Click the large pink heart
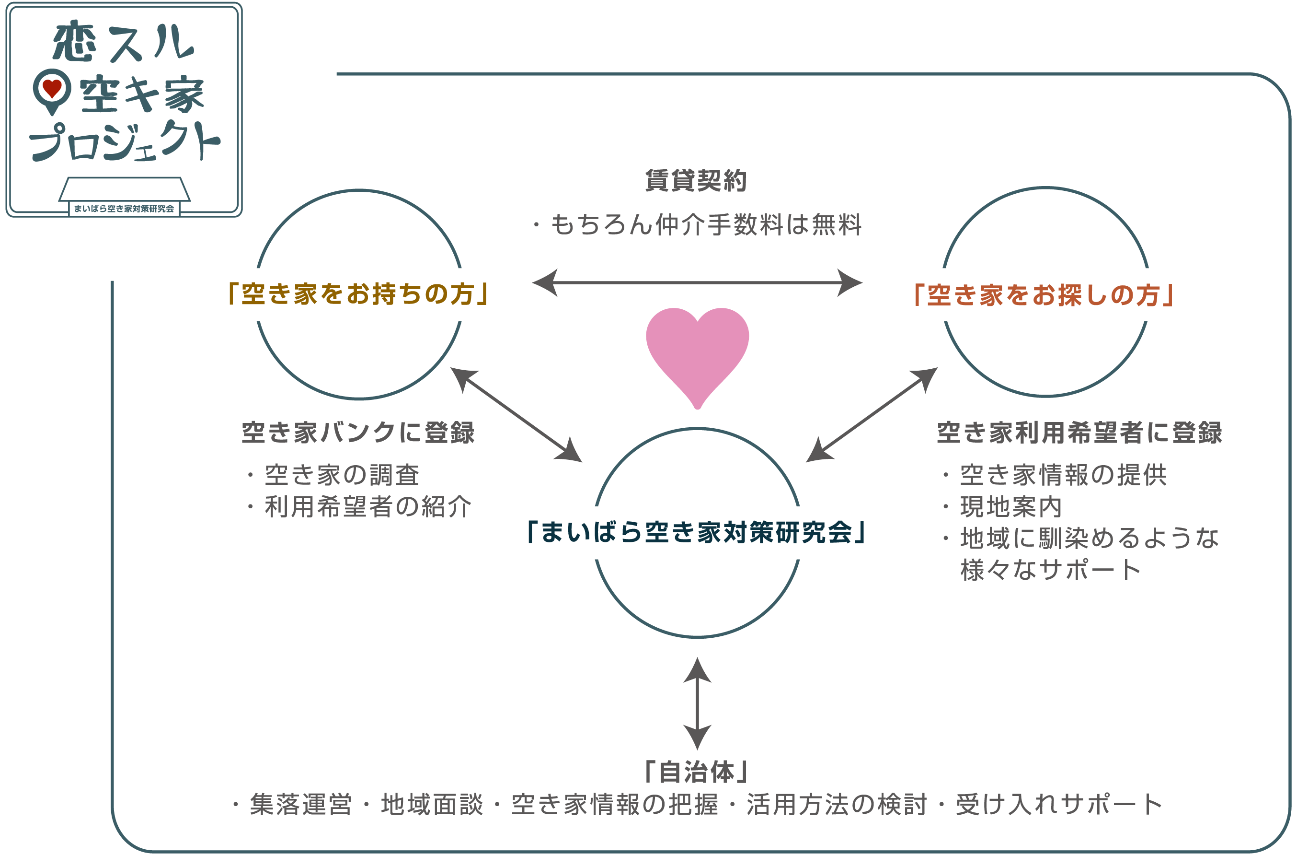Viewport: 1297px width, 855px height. pos(697,351)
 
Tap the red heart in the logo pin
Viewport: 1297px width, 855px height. pos(52,88)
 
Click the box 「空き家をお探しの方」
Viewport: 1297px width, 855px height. pos(1043,295)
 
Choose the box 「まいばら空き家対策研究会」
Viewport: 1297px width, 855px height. pos(697,533)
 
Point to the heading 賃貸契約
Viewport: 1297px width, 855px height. pos(695,180)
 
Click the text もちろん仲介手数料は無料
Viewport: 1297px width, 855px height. pos(705,224)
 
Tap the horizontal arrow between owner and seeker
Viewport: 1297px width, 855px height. pos(697,282)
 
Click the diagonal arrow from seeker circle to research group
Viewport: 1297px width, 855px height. pos(872,414)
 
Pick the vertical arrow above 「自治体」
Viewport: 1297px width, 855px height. pos(697,703)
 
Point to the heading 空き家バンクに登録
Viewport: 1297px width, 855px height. pos(358,433)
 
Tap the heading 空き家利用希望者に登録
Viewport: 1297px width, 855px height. pos(1079,433)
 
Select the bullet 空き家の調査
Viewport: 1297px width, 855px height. pos(342,475)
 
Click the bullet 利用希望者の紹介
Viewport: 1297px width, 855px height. pos(368,506)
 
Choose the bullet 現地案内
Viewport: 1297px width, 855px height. pos(1011,506)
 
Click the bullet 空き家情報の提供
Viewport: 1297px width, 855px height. pos(1063,475)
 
